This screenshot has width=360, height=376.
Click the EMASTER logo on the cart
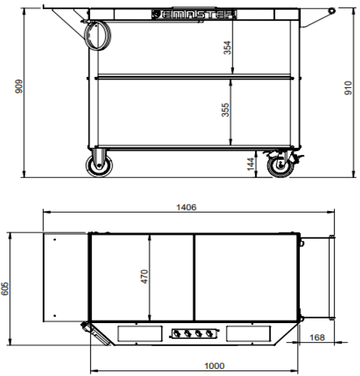[194, 14]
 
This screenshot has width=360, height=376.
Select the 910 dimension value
[348, 88]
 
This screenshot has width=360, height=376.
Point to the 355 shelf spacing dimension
[226, 110]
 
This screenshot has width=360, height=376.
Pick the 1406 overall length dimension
[186, 207]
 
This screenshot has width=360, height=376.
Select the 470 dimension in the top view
[145, 277]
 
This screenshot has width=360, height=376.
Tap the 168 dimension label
[318, 337]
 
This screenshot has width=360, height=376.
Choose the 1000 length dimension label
[214, 366]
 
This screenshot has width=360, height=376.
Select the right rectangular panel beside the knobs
[247, 333]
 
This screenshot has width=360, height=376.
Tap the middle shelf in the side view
[194, 78]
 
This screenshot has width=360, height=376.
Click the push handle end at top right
[332, 10]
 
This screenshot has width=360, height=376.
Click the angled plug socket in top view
[96, 333]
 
